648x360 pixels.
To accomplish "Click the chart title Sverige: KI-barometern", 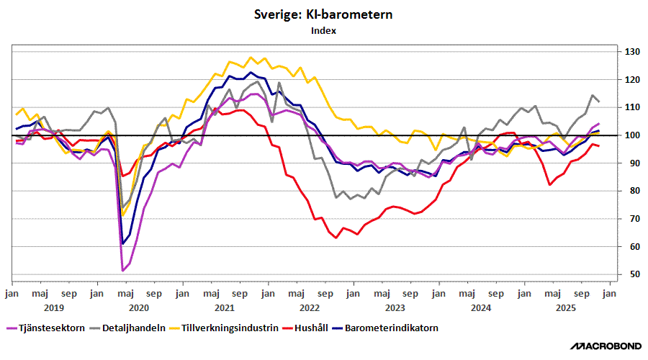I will pyautogui.click(x=323, y=15).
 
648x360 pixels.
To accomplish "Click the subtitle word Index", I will pyautogui.click(x=323, y=31).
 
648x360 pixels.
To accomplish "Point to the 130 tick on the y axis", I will pyautogui.click(x=632, y=52).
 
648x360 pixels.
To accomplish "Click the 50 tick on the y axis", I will pyautogui.click(x=630, y=274).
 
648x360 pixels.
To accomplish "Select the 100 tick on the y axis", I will pyautogui.click(x=632, y=135).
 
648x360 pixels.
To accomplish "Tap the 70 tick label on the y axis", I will pyautogui.click(x=630, y=219).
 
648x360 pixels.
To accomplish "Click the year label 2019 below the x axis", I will pyautogui.click(x=54, y=307).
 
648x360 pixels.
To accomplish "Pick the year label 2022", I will pyautogui.click(x=310, y=307).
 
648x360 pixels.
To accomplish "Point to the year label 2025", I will pyautogui.click(x=566, y=307).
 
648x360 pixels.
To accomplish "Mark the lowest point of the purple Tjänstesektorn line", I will pyautogui.click(x=123, y=270).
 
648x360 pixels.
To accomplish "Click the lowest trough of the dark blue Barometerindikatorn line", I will pyautogui.click(x=122, y=243).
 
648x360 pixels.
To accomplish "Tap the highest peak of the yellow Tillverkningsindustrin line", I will pyautogui.click(x=251, y=58).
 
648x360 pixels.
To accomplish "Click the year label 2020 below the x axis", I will pyautogui.click(x=139, y=307).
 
